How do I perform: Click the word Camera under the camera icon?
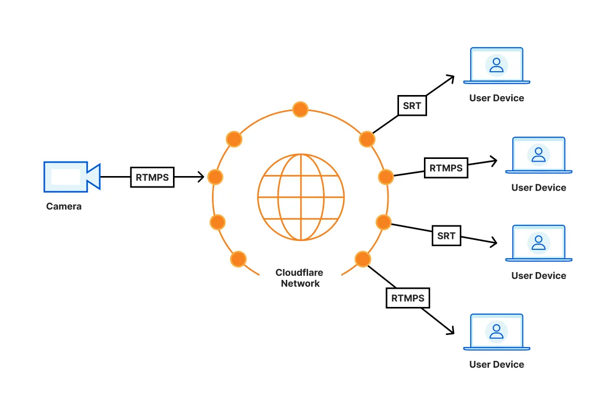click(64, 206)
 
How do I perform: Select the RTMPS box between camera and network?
click(152, 177)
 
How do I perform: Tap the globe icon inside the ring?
click(301, 197)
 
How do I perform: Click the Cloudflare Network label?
click(300, 278)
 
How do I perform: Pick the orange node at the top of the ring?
click(300, 110)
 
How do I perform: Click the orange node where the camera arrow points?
click(215, 177)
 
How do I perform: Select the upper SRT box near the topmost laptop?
click(412, 105)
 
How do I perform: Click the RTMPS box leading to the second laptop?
click(446, 168)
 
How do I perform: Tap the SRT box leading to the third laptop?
click(446, 236)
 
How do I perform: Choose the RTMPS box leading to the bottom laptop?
click(408, 298)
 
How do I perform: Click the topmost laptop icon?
click(497, 65)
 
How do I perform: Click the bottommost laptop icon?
click(497, 332)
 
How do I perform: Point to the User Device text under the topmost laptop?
click(497, 98)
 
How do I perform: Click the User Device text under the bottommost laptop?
click(497, 365)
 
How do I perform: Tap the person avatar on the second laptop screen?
click(539, 154)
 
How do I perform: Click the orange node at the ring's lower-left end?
click(238, 259)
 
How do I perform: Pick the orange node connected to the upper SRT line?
click(367, 139)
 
